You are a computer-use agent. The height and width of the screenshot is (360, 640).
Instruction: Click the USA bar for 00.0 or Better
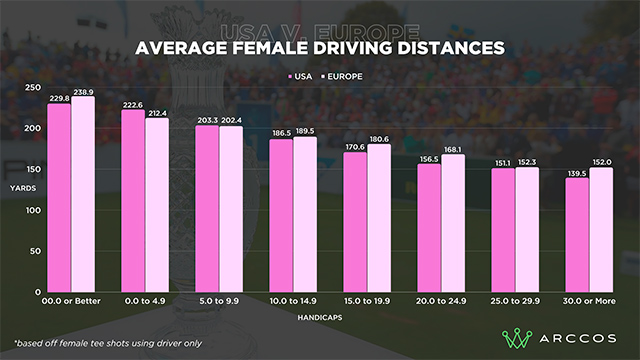pos(59,198)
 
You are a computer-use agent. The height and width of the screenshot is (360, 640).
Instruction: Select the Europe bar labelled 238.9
pos(83,194)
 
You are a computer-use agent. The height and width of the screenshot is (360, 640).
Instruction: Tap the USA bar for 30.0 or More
pos(577,235)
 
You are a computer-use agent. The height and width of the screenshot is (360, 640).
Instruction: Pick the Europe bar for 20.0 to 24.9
pos(453,223)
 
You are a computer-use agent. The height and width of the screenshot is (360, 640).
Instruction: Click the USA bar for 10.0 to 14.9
pos(281,216)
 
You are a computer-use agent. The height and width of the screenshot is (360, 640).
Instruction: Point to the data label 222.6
pos(133,105)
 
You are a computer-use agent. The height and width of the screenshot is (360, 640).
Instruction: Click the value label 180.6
pos(379,139)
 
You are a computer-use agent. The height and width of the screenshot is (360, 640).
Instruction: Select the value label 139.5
pos(577,173)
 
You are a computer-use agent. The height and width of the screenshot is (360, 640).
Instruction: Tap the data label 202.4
pos(231,120)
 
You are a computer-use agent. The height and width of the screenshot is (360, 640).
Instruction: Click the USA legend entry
pos(300,77)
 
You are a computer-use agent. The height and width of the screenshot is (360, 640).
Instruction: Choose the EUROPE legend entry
pos(342,77)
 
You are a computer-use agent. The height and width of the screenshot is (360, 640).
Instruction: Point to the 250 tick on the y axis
pos(33,87)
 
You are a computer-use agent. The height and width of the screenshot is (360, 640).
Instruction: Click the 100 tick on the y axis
pos(33,210)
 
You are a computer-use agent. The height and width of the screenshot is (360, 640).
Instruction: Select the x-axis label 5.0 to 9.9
pos(219,301)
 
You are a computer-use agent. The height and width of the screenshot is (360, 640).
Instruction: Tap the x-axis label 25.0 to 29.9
pos(515,301)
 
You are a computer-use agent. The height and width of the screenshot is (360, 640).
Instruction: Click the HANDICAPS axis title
pos(320,318)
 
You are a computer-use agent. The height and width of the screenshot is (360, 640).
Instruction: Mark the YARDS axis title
pos(23,188)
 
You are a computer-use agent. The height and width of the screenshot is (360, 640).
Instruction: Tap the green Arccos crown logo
pos(517,338)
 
